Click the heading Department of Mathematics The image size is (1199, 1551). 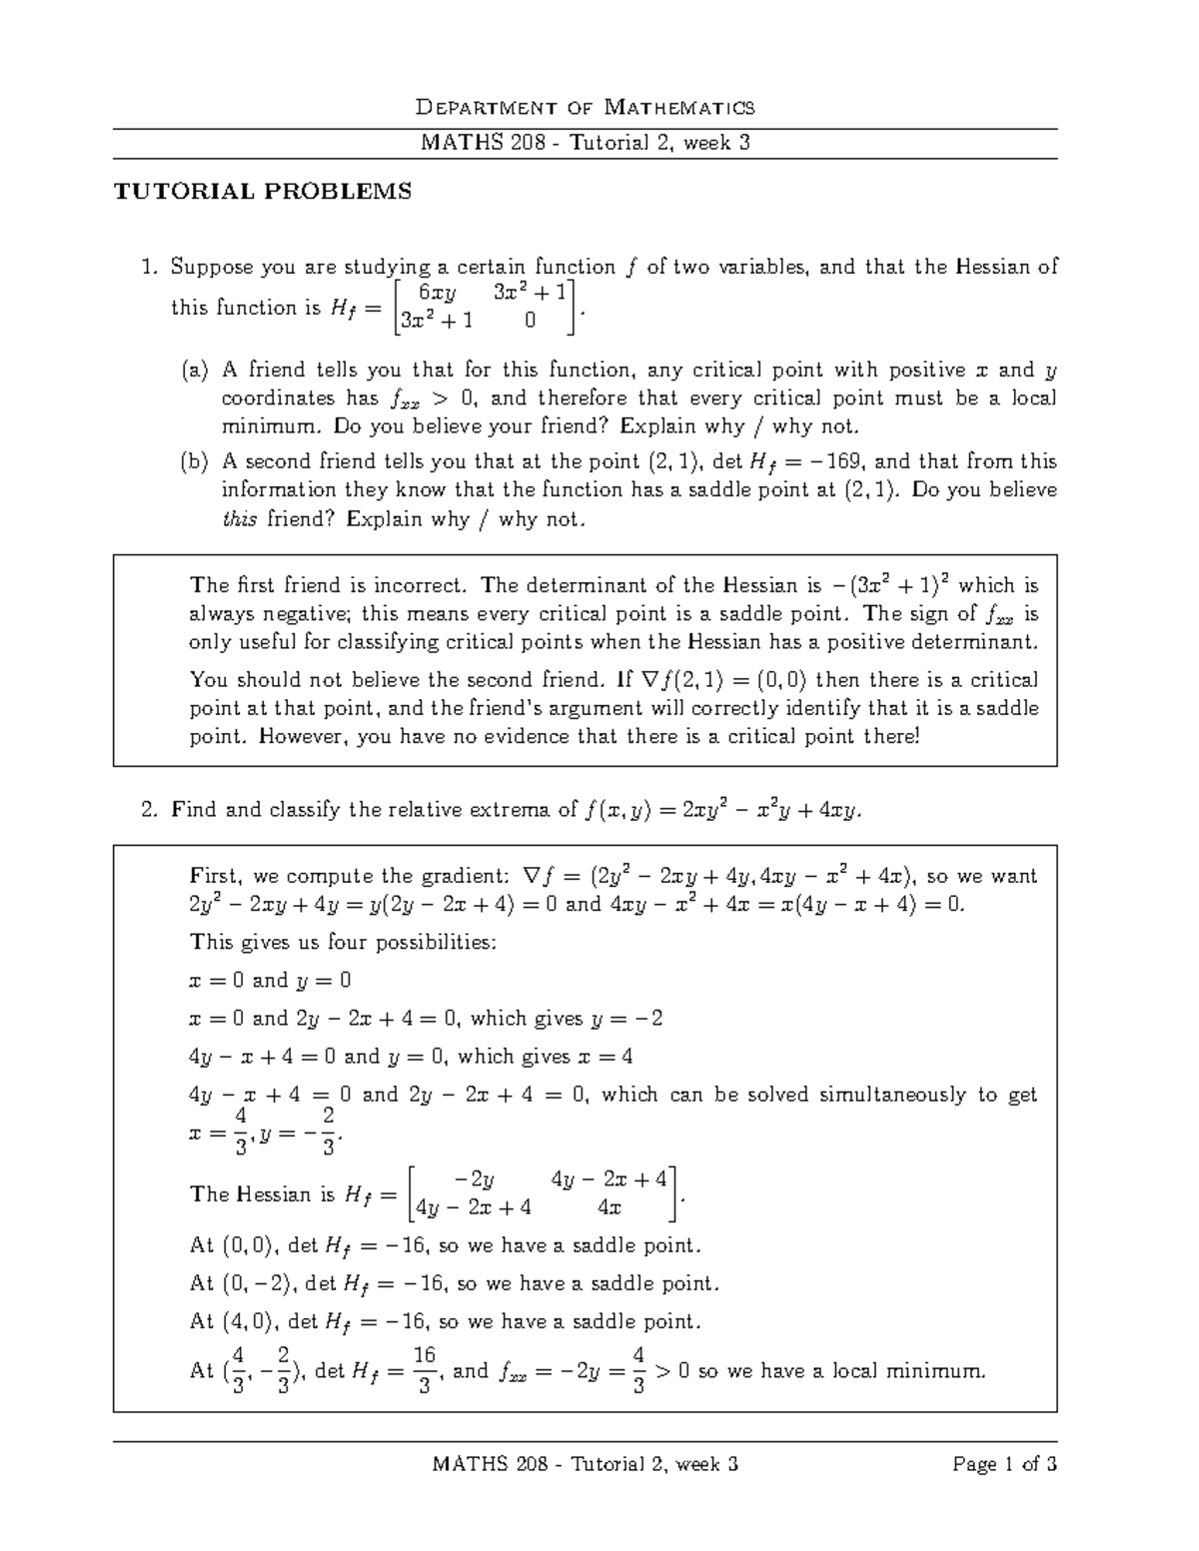(585, 107)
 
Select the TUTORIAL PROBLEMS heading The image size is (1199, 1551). (263, 192)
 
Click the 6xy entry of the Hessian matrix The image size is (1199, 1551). (437, 293)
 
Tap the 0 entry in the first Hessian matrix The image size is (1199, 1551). (530, 321)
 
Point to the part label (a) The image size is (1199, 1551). (194, 371)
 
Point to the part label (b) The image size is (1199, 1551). (194, 461)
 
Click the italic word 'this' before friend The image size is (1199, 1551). (239, 519)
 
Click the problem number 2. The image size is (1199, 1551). (149, 810)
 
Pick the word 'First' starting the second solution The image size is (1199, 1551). (215, 877)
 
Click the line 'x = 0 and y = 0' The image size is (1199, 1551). (270, 981)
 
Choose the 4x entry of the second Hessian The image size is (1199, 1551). (608, 1207)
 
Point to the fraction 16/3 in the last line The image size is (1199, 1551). (424, 1370)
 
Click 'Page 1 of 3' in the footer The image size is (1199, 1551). (1004, 1465)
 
